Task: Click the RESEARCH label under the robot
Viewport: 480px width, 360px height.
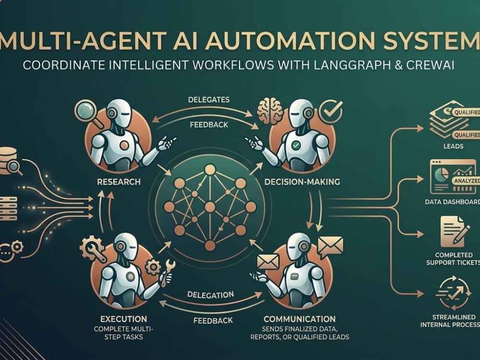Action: pyautogui.click(x=119, y=182)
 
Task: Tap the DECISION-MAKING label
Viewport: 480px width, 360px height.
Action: pyautogui.click(x=302, y=182)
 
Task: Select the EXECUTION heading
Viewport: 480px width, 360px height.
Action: pyautogui.click(x=124, y=319)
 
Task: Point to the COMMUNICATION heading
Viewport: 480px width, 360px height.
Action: pyautogui.click(x=300, y=319)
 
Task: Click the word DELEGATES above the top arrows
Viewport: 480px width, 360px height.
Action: pyautogui.click(x=209, y=100)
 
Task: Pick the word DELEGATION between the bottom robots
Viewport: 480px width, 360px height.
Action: pyautogui.click(x=211, y=295)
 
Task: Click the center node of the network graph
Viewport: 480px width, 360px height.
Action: pyautogui.click(x=210, y=207)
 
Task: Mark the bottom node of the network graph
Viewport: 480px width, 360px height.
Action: pyautogui.click(x=210, y=245)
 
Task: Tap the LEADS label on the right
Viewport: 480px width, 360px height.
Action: pyautogui.click(x=454, y=146)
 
